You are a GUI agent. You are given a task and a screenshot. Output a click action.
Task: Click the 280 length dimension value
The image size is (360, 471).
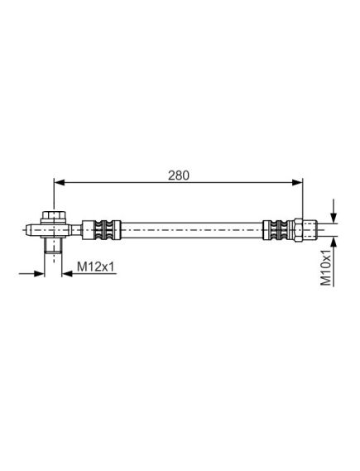click(x=179, y=175)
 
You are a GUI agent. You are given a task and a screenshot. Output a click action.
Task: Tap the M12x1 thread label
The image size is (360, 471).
click(x=96, y=267)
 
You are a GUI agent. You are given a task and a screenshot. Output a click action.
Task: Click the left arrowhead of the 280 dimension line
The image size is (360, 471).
click(x=60, y=182)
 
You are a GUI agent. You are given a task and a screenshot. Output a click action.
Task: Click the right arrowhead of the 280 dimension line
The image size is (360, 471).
click(x=297, y=182)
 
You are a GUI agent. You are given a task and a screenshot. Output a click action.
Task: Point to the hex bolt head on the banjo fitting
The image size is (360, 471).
click(x=54, y=216)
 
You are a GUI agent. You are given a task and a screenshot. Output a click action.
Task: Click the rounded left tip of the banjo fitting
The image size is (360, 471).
click(x=28, y=230)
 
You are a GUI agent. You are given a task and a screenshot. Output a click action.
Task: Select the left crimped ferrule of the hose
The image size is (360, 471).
click(x=102, y=230)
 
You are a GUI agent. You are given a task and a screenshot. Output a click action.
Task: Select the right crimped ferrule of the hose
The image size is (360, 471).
click(x=278, y=230)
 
